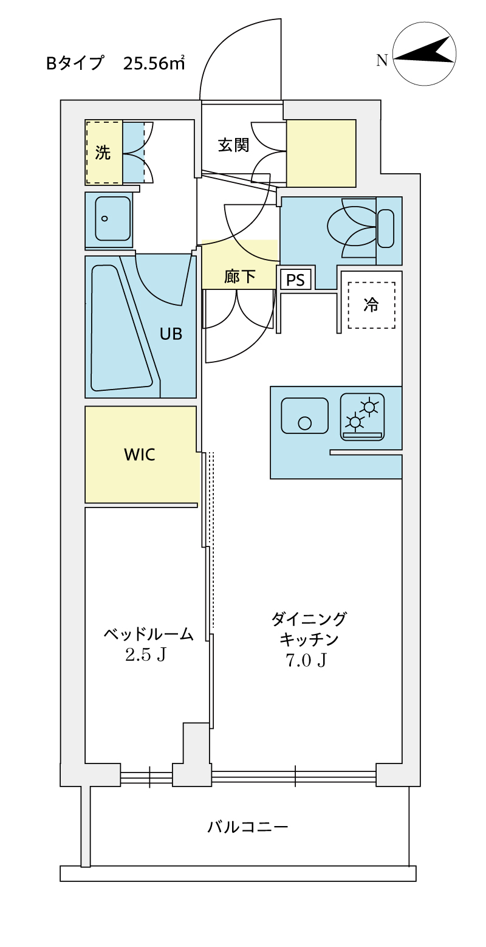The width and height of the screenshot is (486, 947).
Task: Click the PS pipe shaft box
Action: (x=296, y=280)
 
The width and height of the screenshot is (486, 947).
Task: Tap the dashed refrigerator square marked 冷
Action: (x=371, y=305)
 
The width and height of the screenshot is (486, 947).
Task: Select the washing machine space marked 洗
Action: (x=104, y=153)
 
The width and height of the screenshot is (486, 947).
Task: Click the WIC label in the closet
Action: (x=139, y=454)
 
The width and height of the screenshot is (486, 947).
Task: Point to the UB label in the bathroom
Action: (x=171, y=333)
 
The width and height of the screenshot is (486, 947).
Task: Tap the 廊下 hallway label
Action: (x=239, y=277)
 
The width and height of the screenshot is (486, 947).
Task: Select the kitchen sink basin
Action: (x=304, y=416)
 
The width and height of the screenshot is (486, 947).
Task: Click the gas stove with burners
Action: (x=363, y=416)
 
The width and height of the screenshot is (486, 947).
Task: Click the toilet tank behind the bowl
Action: (x=386, y=229)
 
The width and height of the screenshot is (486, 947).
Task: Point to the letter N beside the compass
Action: (x=382, y=60)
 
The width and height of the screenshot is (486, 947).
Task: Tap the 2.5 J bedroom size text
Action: (x=145, y=655)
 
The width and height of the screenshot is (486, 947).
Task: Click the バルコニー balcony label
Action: (x=247, y=827)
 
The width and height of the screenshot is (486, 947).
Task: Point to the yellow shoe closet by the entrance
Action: (x=321, y=153)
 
